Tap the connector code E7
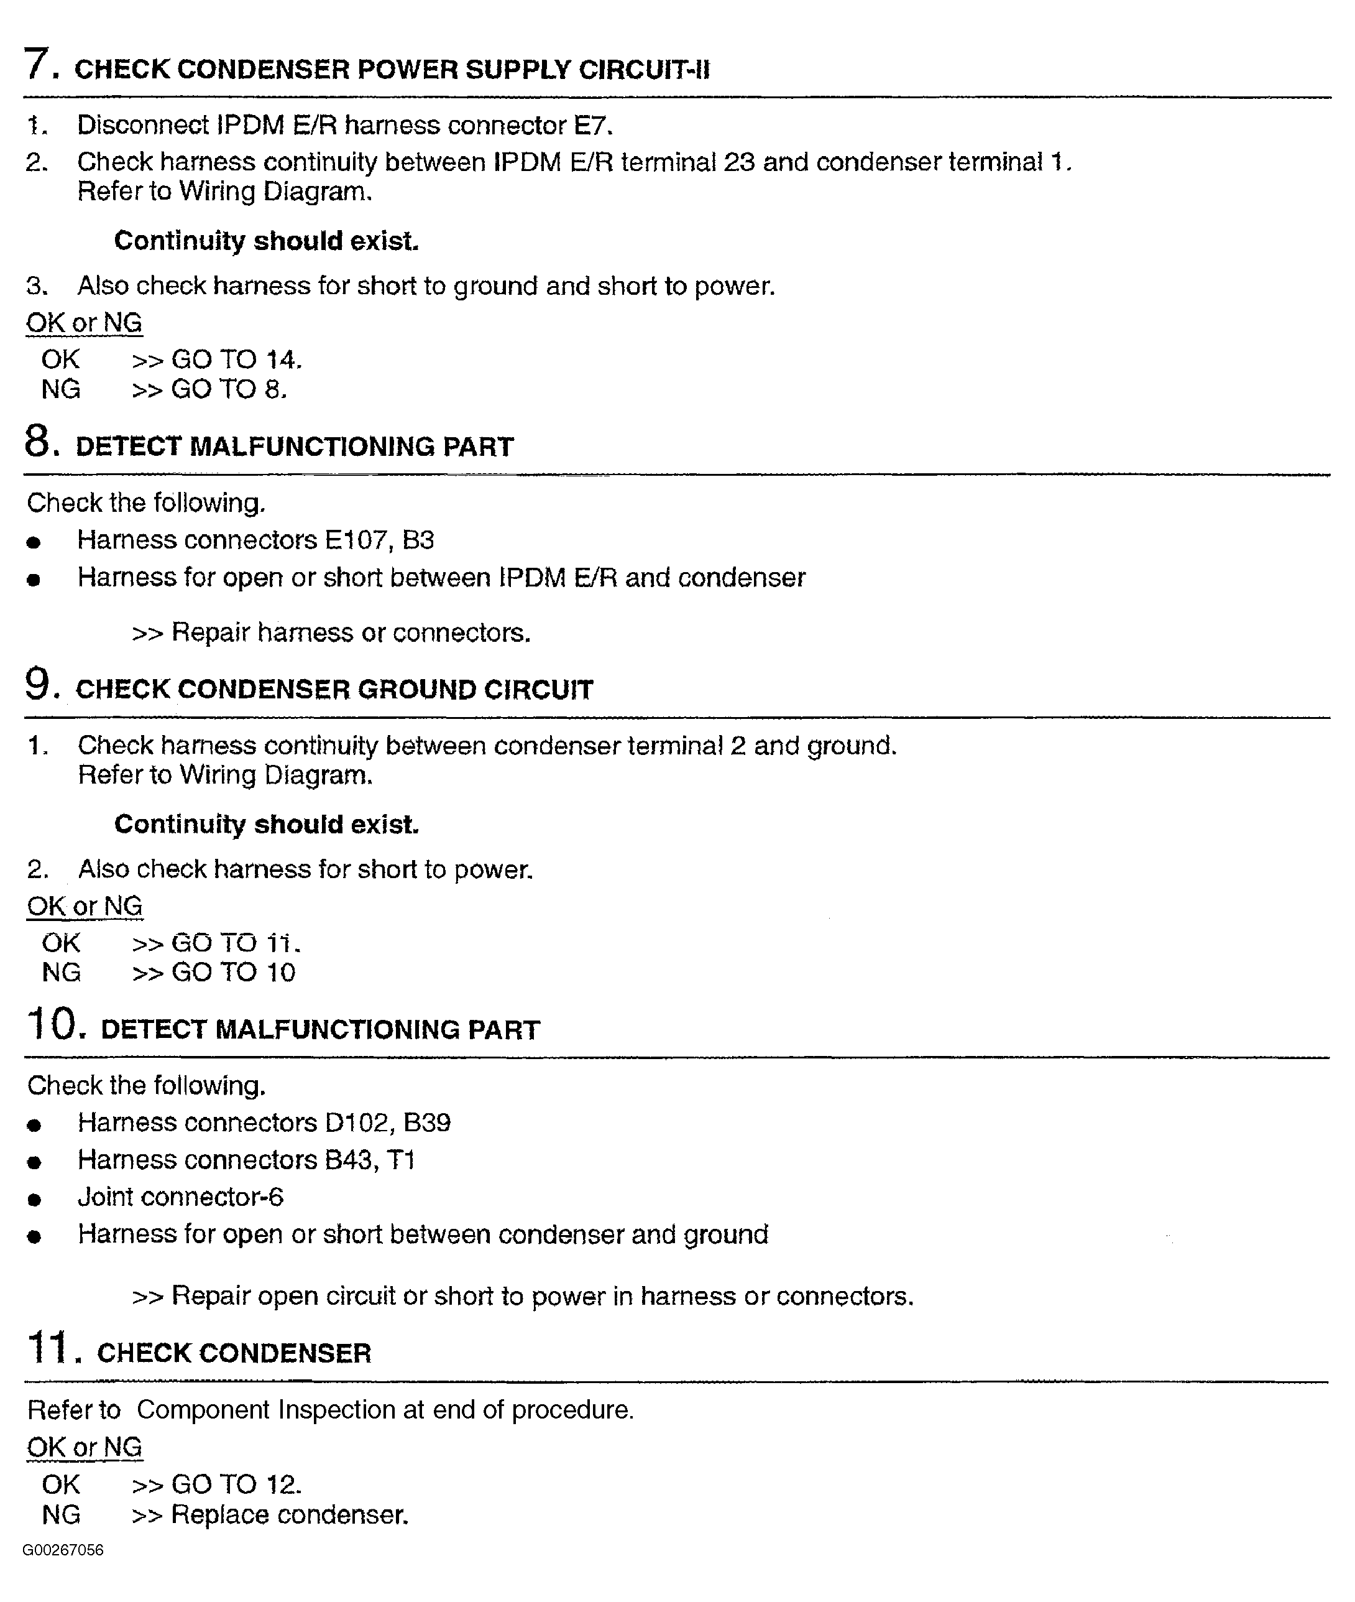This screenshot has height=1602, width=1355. (592, 124)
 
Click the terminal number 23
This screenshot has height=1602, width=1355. (738, 162)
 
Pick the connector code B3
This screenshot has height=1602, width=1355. (418, 540)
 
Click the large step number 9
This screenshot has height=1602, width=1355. (39, 684)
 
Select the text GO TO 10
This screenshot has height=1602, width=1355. (232, 973)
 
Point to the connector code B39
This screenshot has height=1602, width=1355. (427, 1123)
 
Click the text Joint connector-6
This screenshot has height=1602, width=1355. (180, 1197)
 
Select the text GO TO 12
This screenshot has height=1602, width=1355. (236, 1484)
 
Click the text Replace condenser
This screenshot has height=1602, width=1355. (289, 1514)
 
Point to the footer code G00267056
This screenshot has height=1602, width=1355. (63, 1550)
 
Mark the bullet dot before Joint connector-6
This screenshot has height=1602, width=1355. (34, 1200)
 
